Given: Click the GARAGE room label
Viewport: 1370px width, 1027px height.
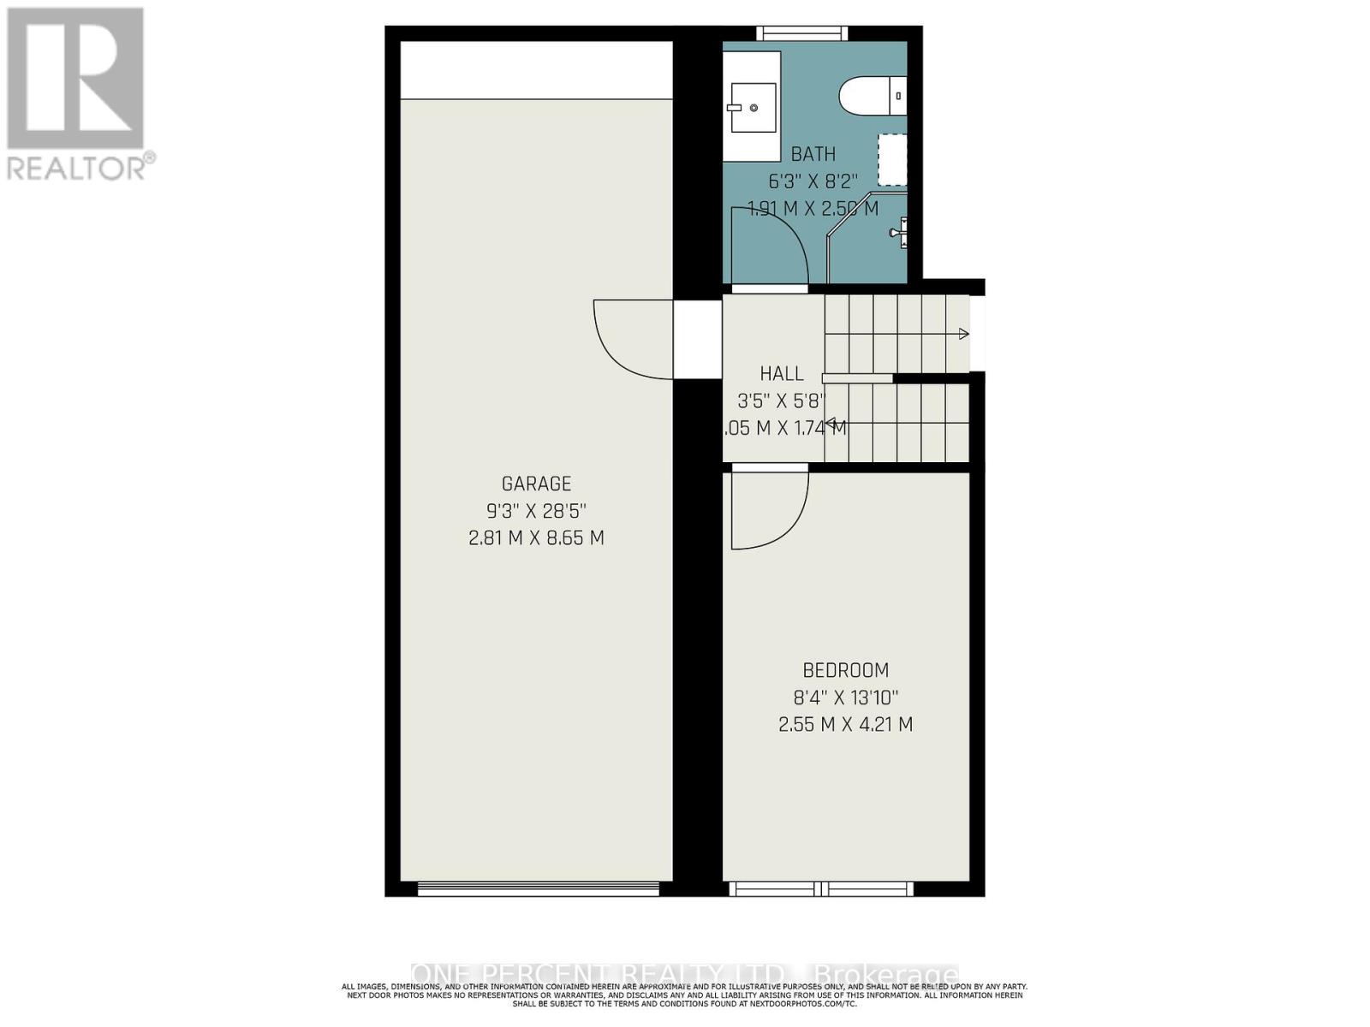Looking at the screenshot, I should click(x=536, y=484).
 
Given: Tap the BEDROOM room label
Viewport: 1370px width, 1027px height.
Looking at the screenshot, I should click(x=845, y=670).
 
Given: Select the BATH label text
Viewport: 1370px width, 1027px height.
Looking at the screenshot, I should click(x=813, y=154).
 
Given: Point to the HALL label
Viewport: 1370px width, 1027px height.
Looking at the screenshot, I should click(x=782, y=373).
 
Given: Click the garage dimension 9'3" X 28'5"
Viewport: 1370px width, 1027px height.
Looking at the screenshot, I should click(x=536, y=511).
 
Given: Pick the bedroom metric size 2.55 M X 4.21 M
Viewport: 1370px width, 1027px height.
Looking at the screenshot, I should click(x=845, y=724).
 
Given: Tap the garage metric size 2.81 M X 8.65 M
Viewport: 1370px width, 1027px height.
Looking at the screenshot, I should click(x=536, y=538).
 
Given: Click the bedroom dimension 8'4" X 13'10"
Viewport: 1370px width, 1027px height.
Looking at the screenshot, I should click(x=845, y=698).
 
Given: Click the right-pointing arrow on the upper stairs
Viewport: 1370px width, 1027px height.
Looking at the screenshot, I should click(x=963, y=334).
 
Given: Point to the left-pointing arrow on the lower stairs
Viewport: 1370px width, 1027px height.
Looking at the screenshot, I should click(x=830, y=421).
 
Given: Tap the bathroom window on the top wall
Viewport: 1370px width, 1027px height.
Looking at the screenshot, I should click(x=802, y=33).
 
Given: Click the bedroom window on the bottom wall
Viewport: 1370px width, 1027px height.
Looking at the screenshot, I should click(x=821, y=889).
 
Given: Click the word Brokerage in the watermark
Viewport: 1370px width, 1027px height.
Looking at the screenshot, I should click(x=885, y=975).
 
